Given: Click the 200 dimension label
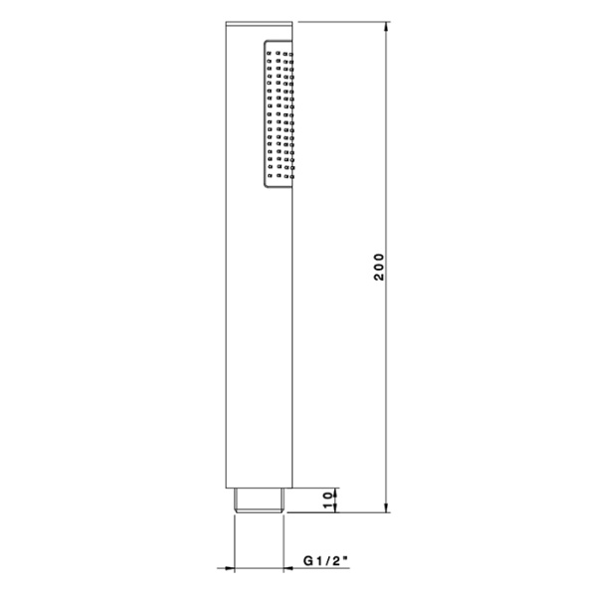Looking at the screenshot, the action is pyautogui.click(x=380, y=267).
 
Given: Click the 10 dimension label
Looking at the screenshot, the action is pyautogui.click(x=327, y=500).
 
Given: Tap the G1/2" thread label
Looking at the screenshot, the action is pyautogui.click(x=326, y=561).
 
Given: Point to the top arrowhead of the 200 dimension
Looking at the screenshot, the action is pyautogui.click(x=386, y=28).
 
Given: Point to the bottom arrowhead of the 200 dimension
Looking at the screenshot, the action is pyautogui.click(x=386, y=506).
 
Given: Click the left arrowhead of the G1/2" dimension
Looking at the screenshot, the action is pyautogui.click(x=229, y=568).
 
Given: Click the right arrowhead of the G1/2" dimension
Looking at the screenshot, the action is pyautogui.click(x=289, y=568).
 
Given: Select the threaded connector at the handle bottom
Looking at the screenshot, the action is pyautogui.click(x=259, y=500).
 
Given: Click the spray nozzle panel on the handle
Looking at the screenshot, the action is pyautogui.click(x=278, y=113).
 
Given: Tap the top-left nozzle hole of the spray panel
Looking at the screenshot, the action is pyautogui.click(x=269, y=53).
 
